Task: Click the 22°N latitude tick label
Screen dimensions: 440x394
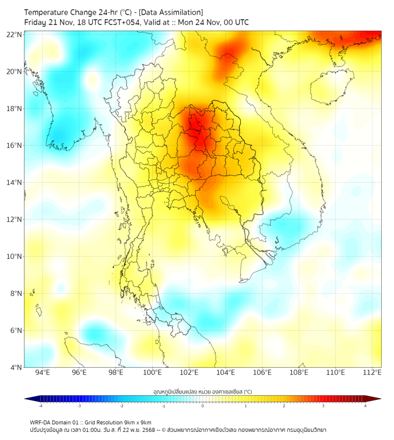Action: (x=15, y=34)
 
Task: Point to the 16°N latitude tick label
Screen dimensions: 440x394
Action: (x=15, y=146)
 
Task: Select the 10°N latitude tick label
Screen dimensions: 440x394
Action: (x=15, y=256)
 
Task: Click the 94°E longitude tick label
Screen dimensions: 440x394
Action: (x=43, y=372)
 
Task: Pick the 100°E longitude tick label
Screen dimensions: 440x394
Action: (x=152, y=372)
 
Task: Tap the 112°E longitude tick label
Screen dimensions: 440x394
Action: (x=372, y=372)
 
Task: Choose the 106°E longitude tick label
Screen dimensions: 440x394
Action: (x=262, y=372)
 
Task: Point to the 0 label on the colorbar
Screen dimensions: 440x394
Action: (x=203, y=406)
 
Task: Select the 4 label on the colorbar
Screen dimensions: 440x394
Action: (x=365, y=406)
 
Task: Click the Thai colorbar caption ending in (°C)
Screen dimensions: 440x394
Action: (x=202, y=391)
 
